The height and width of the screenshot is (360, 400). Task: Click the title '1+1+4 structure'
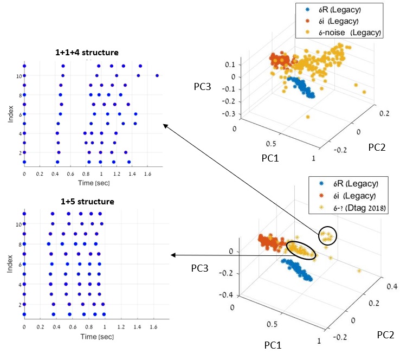pyautogui.click(x=87, y=52)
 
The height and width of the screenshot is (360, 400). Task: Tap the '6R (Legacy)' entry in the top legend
pyautogui.click(x=337, y=10)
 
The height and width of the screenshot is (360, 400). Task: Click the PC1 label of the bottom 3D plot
pyautogui.click(x=272, y=344)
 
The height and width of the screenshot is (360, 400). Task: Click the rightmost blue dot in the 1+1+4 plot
pyautogui.click(x=157, y=75)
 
